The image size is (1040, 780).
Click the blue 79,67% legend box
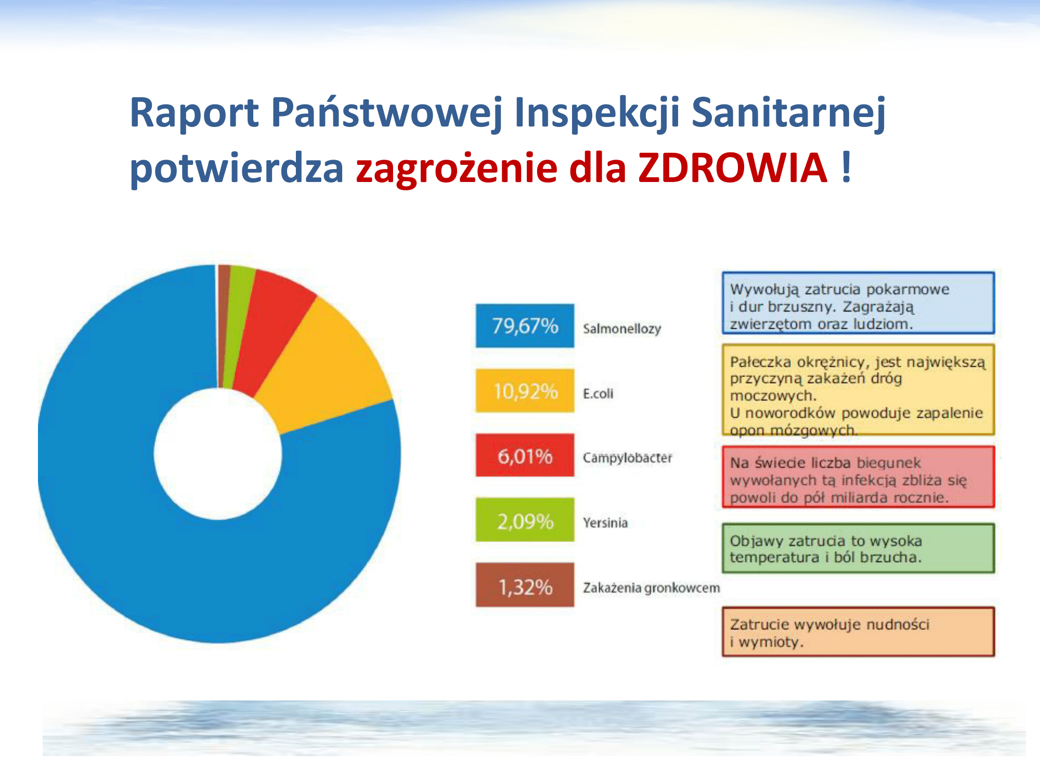pos(525,326)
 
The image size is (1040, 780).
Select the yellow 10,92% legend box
pos(525,391)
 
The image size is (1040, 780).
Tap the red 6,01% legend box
pos(525,455)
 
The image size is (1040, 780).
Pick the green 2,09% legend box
pos(525,520)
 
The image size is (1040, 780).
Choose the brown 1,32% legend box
pos(525,585)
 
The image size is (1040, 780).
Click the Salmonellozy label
pos(622,329)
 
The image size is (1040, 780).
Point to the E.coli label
pos(598,394)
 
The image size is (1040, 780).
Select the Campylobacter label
pos(628,458)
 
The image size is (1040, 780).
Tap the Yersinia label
pos(605,523)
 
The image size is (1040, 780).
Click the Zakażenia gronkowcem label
pos(652,588)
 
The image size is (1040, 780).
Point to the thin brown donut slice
pos(224,322)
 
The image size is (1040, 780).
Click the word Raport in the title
pos(194,113)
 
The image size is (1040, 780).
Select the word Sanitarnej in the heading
pos(788,113)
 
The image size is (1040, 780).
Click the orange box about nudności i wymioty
pos(858,632)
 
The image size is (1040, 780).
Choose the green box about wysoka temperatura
pos(858,549)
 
